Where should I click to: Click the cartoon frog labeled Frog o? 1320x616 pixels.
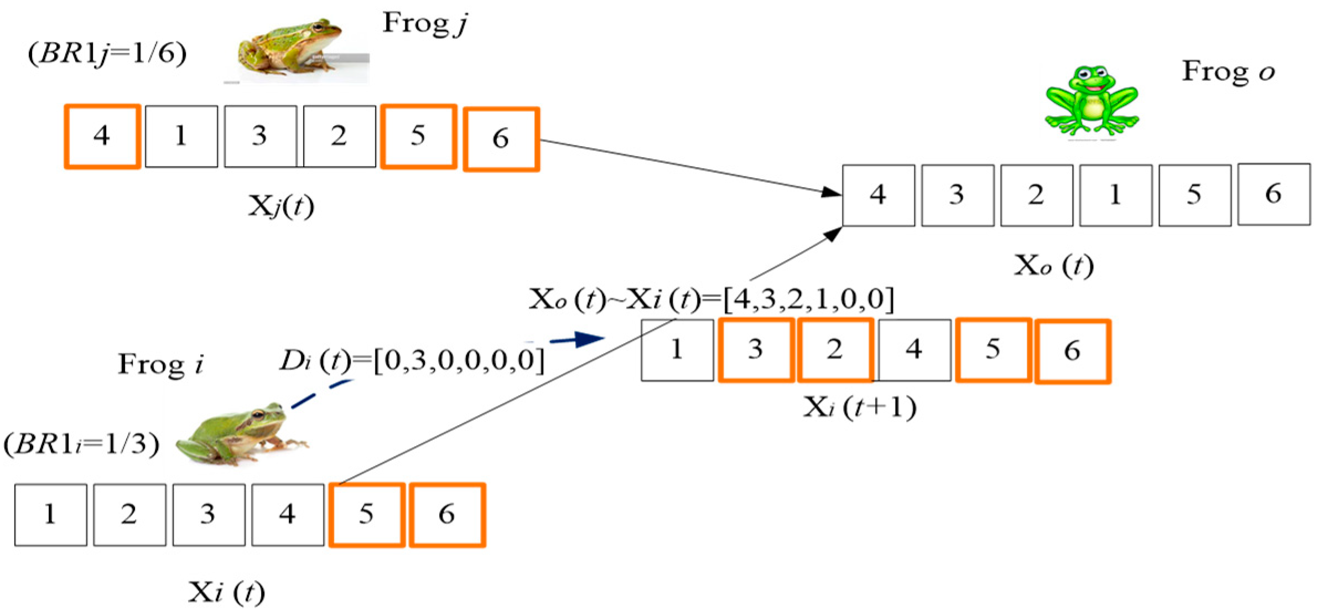pyautogui.click(x=1092, y=102)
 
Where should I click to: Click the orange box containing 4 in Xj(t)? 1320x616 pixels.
pyautogui.click(x=102, y=136)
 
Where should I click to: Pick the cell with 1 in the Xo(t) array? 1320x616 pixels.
pyautogui.click(x=1115, y=195)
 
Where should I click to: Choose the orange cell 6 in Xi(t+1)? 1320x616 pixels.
pyautogui.click(x=1072, y=351)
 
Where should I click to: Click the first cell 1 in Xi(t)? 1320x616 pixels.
pyautogui.click(x=50, y=515)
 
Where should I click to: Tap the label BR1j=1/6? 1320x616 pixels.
pyautogui.click(x=107, y=54)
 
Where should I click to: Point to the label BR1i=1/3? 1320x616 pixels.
pyautogui.click(x=82, y=444)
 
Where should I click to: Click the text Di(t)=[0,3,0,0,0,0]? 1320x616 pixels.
pyautogui.click(x=412, y=361)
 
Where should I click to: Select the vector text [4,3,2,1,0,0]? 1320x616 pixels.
pyautogui.click(x=808, y=299)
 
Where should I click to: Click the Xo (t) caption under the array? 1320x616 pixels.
pyautogui.click(x=1053, y=266)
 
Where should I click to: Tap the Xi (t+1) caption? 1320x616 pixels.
pyautogui.click(x=859, y=408)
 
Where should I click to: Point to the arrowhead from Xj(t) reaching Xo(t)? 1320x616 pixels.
pyautogui.click(x=831, y=192)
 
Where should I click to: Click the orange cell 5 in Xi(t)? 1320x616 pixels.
pyautogui.click(x=367, y=515)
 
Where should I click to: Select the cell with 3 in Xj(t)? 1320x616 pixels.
pyautogui.click(x=260, y=136)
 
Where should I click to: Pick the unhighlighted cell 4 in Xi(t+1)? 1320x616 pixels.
pyautogui.click(x=914, y=350)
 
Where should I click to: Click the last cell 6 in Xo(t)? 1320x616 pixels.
pyautogui.click(x=1274, y=194)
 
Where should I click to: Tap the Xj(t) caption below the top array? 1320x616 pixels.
pyautogui.click(x=280, y=207)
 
